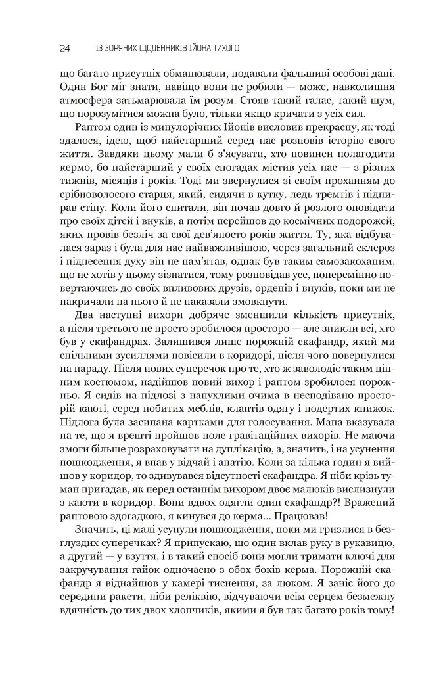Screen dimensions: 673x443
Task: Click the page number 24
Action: [x=64, y=48]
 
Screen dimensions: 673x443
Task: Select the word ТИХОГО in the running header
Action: [x=223, y=48]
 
